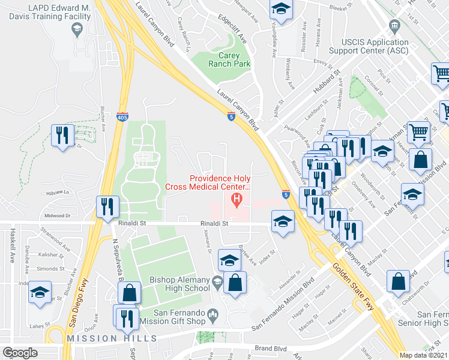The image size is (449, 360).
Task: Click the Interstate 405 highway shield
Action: click(122, 117)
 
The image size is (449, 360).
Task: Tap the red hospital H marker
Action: click(238, 199)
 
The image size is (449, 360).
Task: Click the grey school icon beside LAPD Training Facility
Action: click(77, 29)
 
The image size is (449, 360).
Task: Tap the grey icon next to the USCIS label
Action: click(394, 26)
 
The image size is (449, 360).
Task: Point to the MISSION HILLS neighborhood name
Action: click(112, 338)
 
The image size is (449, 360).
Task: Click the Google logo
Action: click(20, 353)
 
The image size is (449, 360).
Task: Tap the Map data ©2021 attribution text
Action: click(424, 355)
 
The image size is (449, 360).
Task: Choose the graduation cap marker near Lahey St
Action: click(40, 294)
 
